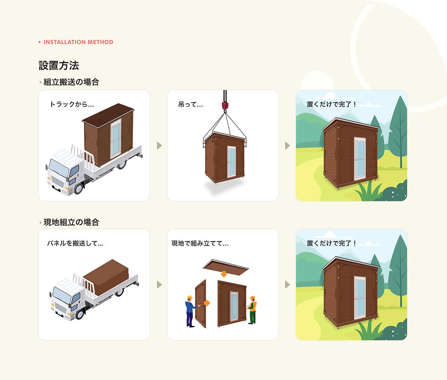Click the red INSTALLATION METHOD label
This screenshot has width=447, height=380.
(x=78, y=42)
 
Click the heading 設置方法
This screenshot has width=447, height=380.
(x=59, y=65)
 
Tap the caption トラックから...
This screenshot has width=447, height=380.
(x=71, y=104)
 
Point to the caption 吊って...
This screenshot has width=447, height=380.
(x=190, y=104)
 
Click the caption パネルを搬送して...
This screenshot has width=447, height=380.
(x=75, y=243)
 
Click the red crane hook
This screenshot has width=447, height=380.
(x=225, y=106)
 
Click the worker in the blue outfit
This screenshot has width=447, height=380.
(x=190, y=311)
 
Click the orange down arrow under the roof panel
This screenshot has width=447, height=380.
(x=223, y=274)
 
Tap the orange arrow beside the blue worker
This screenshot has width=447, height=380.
(x=206, y=303)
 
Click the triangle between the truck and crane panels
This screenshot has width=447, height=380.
(x=159, y=145)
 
